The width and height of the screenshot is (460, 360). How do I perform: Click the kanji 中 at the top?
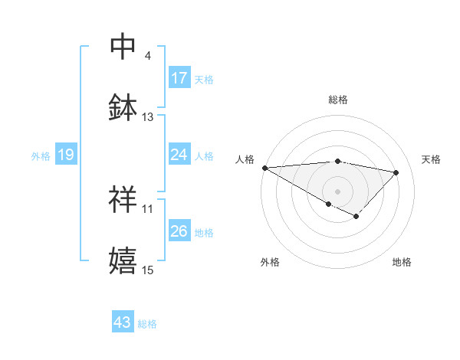tap(123, 47)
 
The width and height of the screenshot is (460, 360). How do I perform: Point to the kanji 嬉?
tap(123, 260)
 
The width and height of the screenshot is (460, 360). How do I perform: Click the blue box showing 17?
tap(179, 78)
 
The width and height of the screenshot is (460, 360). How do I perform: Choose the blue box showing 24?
tap(179, 155)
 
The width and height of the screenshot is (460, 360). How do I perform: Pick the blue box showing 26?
tap(179, 231)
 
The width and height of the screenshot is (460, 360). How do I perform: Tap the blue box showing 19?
tap(65, 155)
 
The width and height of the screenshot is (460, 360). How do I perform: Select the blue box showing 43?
tap(123, 322)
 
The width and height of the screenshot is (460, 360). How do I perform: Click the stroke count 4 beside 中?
tap(148, 56)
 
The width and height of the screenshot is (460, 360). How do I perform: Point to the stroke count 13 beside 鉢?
tap(148, 117)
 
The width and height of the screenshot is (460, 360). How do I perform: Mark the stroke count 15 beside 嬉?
tap(148, 270)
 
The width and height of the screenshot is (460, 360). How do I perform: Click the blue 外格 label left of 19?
tap(41, 155)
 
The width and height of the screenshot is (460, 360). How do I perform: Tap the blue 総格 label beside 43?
tap(147, 324)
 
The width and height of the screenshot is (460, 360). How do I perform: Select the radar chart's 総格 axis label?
tap(337, 100)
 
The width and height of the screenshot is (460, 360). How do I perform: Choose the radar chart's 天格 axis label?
tap(431, 159)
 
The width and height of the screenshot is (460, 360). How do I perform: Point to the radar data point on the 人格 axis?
tap(264, 168)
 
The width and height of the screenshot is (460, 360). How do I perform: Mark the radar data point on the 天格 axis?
tap(396, 172)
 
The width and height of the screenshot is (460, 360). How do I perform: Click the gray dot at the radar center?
tap(337, 191)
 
